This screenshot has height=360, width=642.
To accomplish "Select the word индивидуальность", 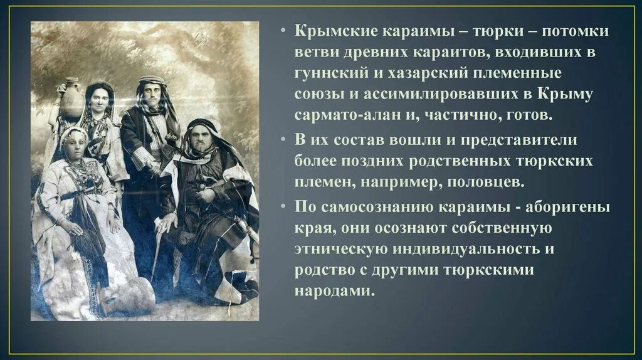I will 460,249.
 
